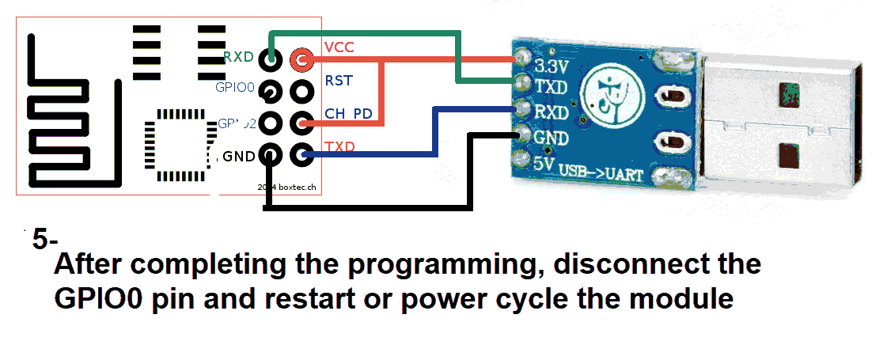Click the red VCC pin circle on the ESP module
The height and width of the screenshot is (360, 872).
point(301,59)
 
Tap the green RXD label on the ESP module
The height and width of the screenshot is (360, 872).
point(238,57)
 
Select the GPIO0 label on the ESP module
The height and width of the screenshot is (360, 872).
point(235,88)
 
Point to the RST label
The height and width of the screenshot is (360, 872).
point(339,81)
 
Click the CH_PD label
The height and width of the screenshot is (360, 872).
point(348,114)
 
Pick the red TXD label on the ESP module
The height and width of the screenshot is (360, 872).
point(339,147)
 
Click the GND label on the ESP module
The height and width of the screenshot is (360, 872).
point(238,157)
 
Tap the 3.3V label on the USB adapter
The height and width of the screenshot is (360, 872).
point(552,64)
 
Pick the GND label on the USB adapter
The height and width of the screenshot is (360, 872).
point(552,138)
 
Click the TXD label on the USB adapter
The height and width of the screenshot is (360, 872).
point(551,86)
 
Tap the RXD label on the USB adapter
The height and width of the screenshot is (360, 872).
point(552,112)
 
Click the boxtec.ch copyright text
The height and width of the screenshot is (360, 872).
point(289,188)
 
